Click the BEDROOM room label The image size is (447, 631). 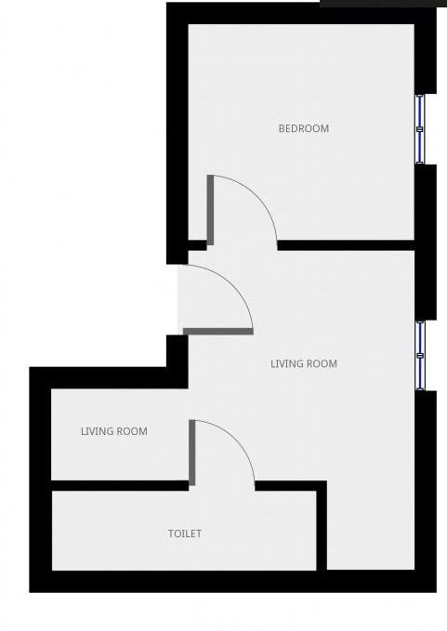pyautogui.click(x=304, y=128)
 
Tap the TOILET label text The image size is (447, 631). pyautogui.click(x=184, y=533)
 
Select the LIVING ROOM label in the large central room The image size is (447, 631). pyautogui.click(x=304, y=363)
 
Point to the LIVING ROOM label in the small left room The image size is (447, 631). pyautogui.click(x=113, y=431)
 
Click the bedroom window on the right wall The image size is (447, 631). pyautogui.click(x=420, y=128)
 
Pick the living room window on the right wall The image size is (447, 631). pyautogui.click(x=421, y=355)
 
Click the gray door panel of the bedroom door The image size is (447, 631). pyautogui.click(x=211, y=210)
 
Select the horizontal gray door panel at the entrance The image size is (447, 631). pyautogui.click(x=218, y=330)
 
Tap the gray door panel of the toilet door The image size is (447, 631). pyautogui.click(x=192, y=453)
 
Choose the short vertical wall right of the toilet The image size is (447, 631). pyautogui.click(x=322, y=525)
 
